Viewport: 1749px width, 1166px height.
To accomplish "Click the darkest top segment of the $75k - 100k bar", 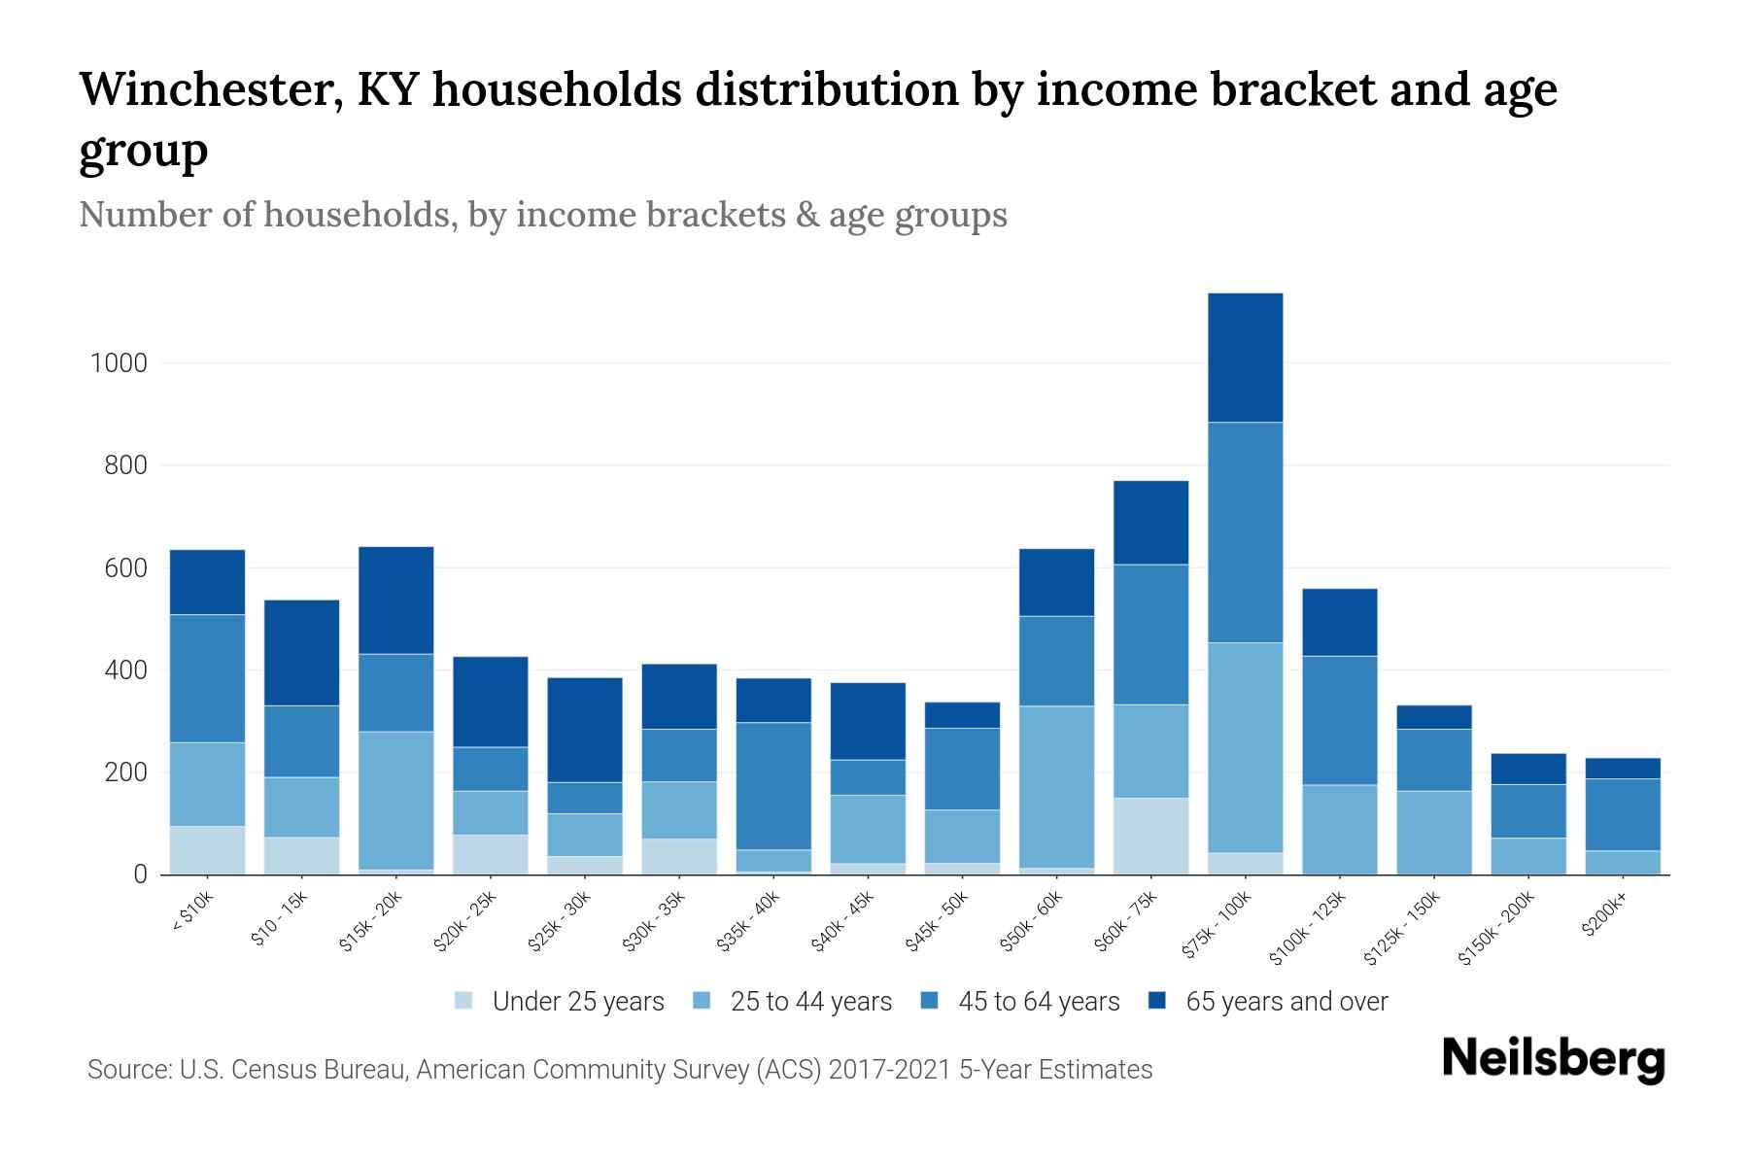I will (x=1245, y=358).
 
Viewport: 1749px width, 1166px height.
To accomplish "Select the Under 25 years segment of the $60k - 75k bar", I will (x=1150, y=836).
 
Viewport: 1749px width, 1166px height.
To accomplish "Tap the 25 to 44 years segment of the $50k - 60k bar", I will (x=1056, y=786).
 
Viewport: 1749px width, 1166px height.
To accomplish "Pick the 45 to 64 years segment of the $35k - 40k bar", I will (x=773, y=785).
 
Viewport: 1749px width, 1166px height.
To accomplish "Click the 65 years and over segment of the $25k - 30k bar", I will (x=585, y=730).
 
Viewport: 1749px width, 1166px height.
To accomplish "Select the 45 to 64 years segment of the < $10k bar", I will (x=207, y=678).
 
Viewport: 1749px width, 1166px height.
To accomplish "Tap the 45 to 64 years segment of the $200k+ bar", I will (x=1623, y=814).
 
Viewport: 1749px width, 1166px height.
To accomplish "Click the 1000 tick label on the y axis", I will (x=119, y=363).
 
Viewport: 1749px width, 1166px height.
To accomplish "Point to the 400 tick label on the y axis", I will (x=124, y=670).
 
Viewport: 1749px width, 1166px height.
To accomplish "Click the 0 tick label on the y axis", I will (x=140, y=874).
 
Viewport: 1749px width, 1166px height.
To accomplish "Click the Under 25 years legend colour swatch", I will (x=464, y=1001).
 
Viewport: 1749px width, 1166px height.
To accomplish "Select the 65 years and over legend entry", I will (x=1286, y=1001).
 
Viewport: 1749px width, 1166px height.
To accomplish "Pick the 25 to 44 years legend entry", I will (x=810, y=1001).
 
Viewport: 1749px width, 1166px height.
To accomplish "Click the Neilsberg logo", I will (x=1553, y=1059).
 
